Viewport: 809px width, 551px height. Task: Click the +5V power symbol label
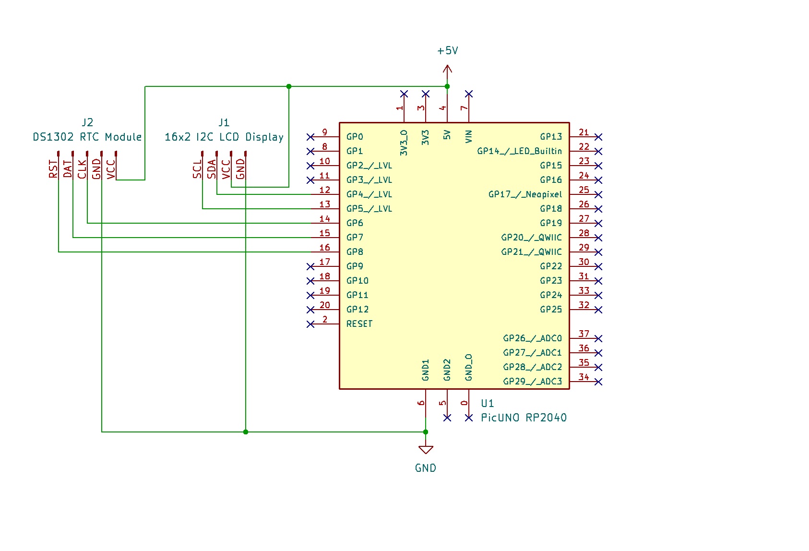448,51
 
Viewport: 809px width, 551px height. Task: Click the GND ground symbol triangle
426,450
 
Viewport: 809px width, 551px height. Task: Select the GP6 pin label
355,223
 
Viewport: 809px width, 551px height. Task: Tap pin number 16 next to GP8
325,247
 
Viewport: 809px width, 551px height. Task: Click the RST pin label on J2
53,169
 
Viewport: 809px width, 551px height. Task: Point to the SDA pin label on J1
212,169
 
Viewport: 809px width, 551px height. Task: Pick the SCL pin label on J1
197,169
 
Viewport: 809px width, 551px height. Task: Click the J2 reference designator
87,122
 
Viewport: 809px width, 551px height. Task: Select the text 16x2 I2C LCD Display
224,137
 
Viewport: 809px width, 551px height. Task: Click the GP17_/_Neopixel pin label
525,194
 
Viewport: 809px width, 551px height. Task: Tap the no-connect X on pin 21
598,137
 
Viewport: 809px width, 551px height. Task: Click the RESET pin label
359,324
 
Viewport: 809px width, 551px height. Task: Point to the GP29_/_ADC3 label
532,382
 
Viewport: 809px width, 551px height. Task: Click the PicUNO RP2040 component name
523,418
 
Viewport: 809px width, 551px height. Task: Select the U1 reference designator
487,403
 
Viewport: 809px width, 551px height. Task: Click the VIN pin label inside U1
469,136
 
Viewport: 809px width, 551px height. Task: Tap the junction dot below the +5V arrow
447,86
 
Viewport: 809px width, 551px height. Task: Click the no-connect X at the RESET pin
310,324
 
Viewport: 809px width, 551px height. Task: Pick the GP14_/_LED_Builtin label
519,151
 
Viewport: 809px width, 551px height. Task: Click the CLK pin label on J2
82,169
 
